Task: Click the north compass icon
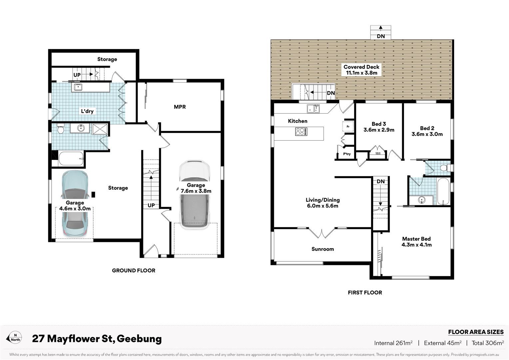click(x=14, y=338)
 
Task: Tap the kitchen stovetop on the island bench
click(x=301, y=132)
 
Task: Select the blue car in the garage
click(x=75, y=204)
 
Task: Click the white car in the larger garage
click(x=195, y=194)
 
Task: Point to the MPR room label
click(x=180, y=107)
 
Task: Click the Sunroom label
click(x=323, y=249)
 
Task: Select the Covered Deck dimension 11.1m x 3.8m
click(x=361, y=73)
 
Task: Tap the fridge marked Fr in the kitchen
click(x=348, y=127)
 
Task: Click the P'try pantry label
click(x=347, y=154)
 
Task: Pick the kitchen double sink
click(x=313, y=109)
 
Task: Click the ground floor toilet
click(x=60, y=128)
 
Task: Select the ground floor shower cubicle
click(x=100, y=129)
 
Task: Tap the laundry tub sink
click(x=78, y=87)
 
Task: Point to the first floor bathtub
click(x=443, y=191)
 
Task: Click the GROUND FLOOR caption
click(x=134, y=270)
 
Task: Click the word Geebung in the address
click(x=139, y=339)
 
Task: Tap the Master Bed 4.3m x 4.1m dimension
click(x=416, y=245)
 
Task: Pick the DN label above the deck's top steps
click(x=381, y=36)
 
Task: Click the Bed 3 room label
click(x=379, y=124)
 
